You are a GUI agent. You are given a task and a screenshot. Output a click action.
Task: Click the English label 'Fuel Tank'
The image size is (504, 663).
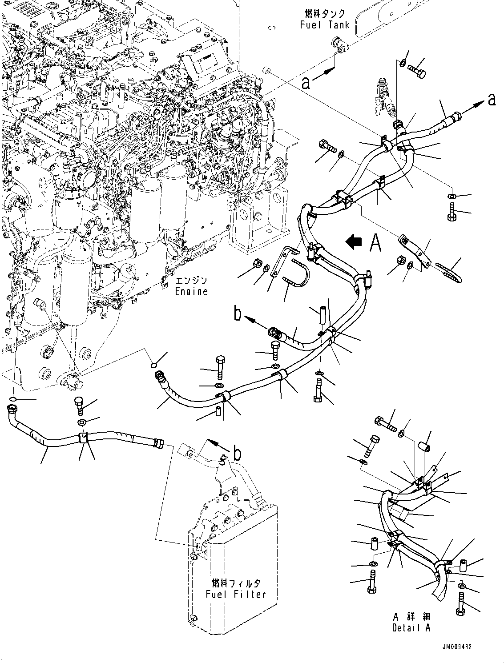click(x=325, y=24)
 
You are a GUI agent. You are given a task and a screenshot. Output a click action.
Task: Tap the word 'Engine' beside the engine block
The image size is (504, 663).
click(x=191, y=292)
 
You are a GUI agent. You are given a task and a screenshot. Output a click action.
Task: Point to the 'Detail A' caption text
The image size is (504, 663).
click(x=411, y=628)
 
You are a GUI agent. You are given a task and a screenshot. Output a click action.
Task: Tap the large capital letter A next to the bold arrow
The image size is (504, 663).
click(x=376, y=243)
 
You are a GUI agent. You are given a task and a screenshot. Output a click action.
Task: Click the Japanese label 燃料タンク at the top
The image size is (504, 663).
click(x=325, y=14)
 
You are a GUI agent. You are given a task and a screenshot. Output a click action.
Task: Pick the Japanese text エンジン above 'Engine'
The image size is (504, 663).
click(x=192, y=281)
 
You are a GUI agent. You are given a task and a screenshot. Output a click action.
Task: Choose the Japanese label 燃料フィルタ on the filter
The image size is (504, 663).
click(x=236, y=583)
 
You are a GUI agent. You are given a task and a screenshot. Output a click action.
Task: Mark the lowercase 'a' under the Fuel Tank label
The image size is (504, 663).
click(x=306, y=83)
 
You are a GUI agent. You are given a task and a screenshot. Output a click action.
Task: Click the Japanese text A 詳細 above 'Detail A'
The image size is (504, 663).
click(x=411, y=617)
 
